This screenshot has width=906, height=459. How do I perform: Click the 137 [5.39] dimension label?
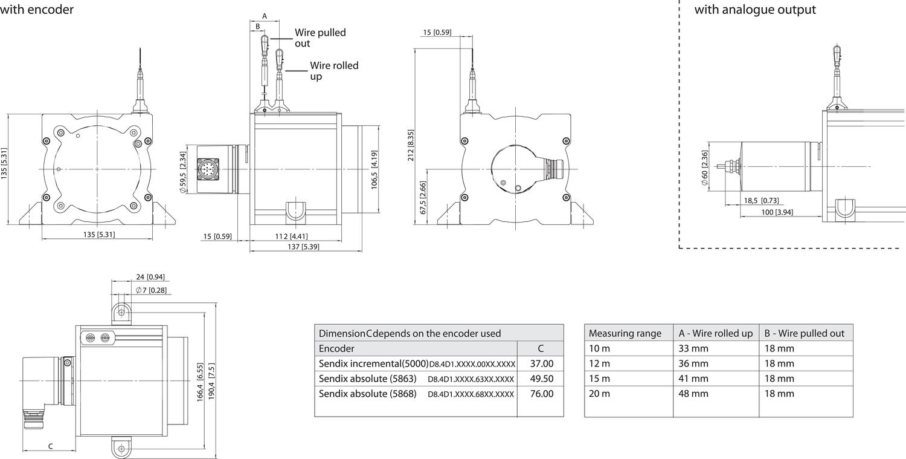(x=303, y=247)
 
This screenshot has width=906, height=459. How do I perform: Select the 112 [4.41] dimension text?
(x=291, y=236)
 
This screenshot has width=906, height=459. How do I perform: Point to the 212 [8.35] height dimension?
(x=411, y=145)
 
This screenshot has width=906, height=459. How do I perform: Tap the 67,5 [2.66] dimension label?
(x=423, y=198)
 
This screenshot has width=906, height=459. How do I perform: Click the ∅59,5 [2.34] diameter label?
(x=182, y=172)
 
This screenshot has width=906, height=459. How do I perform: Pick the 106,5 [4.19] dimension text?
(x=374, y=170)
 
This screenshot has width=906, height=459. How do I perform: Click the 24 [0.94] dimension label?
(x=150, y=277)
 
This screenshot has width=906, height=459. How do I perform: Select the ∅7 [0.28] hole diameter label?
(x=151, y=290)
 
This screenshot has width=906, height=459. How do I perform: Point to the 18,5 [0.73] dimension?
(x=761, y=201)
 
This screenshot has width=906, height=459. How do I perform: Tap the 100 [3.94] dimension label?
(x=777, y=212)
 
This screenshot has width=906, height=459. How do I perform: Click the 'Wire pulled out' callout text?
(x=320, y=38)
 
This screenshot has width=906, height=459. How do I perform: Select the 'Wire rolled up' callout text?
(x=334, y=71)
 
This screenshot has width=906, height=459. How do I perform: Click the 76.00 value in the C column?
(x=542, y=394)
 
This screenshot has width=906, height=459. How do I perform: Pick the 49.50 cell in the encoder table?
(x=542, y=379)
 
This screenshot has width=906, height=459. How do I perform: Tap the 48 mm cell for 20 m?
(x=693, y=394)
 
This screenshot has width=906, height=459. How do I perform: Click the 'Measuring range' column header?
(x=625, y=333)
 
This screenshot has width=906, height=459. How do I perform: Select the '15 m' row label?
(x=599, y=379)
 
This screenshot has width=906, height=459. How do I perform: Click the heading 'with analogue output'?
(x=755, y=9)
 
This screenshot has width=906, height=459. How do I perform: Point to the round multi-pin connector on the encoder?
(x=208, y=169)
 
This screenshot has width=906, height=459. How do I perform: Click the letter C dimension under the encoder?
(x=51, y=446)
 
